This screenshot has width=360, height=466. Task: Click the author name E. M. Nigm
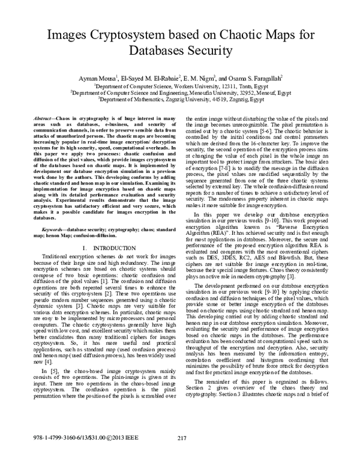tap(199, 78)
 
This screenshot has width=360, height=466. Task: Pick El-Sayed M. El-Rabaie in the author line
tap(148, 78)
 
